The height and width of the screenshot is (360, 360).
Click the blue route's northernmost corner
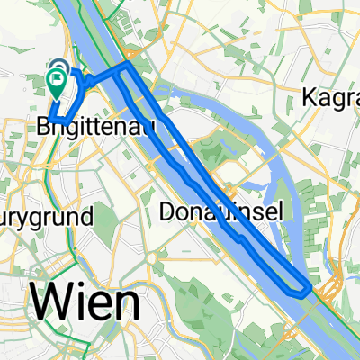(129, 66)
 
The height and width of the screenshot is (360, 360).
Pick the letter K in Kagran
(312, 96)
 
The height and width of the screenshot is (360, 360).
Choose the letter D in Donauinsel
(167, 211)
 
